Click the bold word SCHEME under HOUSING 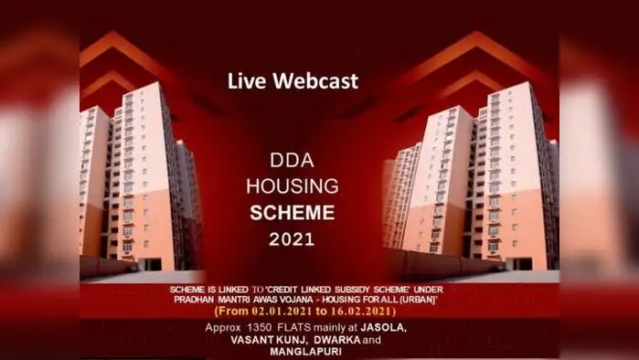click(x=293, y=213)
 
